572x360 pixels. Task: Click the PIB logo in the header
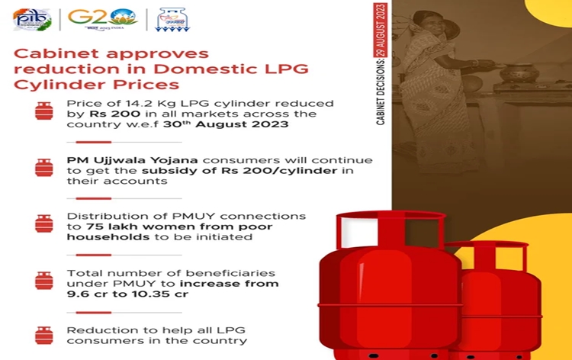pos(33,19)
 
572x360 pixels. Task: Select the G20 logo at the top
pos(102,18)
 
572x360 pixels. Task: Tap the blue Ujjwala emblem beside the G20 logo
pos(171,19)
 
